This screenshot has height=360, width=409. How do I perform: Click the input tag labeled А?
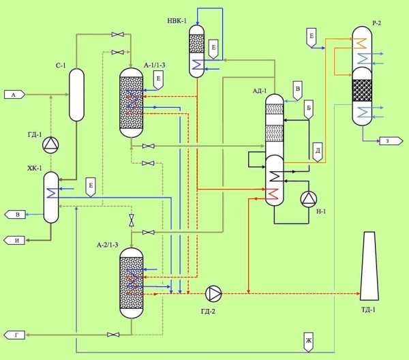[14, 95]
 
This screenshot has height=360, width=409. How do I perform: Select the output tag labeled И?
[15, 240]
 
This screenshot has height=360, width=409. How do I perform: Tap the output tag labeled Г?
[14, 335]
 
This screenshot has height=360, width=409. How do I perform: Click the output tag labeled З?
[391, 141]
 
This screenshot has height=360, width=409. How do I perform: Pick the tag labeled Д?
[318, 152]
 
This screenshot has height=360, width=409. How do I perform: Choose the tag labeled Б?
[309, 110]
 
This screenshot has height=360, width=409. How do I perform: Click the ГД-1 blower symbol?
[50, 145]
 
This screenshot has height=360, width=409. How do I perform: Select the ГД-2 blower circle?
[213, 293]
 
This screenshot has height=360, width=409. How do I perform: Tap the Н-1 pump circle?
[309, 199]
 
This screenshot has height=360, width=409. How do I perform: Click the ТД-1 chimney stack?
[369, 266]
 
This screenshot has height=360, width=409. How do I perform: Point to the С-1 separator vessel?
[76, 95]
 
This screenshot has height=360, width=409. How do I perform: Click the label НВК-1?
[177, 21]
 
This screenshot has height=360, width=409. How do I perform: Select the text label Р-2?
[376, 23]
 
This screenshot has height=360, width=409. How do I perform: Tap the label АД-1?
[260, 91]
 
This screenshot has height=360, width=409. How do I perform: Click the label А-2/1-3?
[108, 245]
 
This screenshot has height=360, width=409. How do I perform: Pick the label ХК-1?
[35, 168]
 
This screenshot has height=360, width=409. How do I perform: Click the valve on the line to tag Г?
[113, 335]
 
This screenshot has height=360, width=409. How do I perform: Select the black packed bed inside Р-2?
[362, 90]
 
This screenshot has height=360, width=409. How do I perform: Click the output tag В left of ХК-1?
[16, 215]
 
